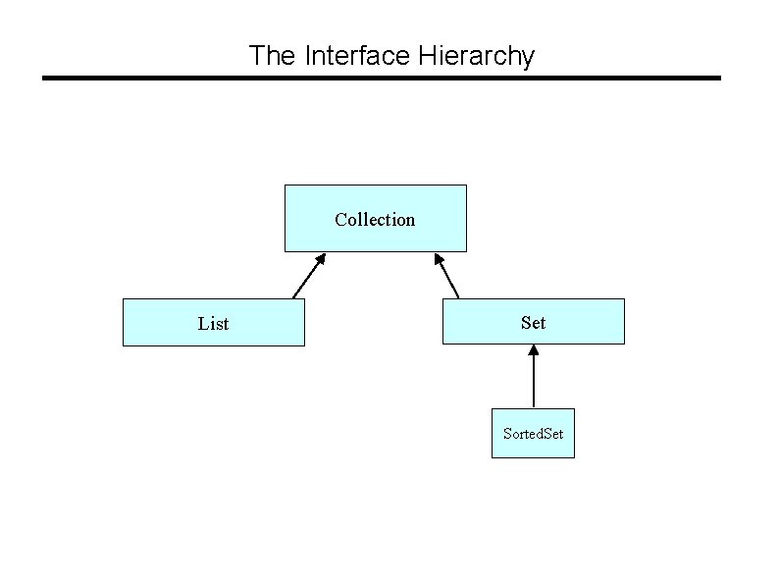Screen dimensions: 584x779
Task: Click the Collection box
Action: [375, 218]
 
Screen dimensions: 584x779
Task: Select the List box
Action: [213, 323]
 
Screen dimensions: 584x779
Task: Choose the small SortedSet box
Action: [533, 433]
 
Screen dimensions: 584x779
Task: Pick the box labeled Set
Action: [533, 321]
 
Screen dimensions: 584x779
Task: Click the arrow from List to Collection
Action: [309, 276]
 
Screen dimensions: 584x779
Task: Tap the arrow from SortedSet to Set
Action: [533, 377]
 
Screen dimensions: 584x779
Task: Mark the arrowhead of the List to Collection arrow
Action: [321, 259]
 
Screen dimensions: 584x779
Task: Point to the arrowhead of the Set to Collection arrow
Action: [437, 259]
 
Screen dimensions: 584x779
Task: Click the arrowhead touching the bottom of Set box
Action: [533, 351]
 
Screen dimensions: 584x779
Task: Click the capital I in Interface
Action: [308, 55]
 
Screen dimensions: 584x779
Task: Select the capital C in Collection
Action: [340, 219]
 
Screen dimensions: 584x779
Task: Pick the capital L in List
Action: [202, 323]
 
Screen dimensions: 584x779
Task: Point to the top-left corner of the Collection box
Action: [286, 185]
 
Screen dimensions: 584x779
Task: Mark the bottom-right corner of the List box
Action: [304, 345]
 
